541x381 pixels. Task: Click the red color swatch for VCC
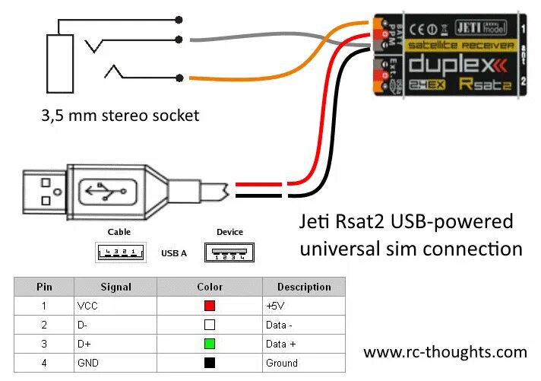coord(209,306)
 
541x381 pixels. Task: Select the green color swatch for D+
coord(209,344)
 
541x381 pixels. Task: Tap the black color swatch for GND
coord(209,363)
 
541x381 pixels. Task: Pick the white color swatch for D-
coord(209,325)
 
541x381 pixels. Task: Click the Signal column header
coord(115,287)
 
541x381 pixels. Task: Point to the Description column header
coord(303,287)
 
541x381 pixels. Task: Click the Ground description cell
coord(281,363)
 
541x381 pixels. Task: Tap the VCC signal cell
coord(87,306)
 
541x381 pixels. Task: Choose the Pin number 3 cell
coord(44,344)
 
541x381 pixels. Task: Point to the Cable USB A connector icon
coord(120,252)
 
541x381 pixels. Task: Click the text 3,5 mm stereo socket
coord(120,116)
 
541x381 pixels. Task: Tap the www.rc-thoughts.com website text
coord(445,352)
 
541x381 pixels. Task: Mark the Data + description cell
coord(281,344)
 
